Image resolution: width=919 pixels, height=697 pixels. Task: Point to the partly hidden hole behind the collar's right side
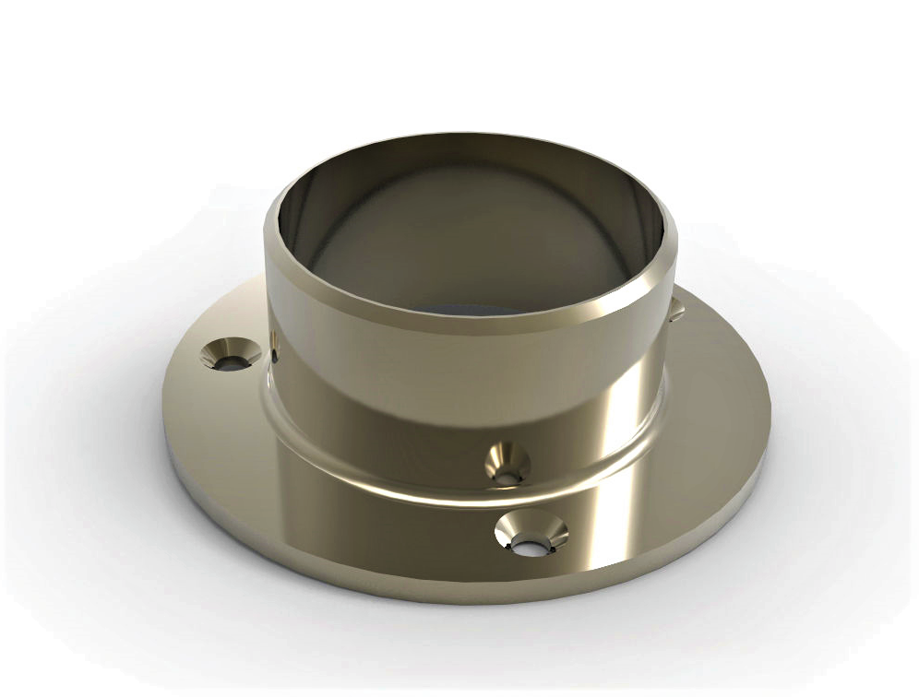coord(675,310)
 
